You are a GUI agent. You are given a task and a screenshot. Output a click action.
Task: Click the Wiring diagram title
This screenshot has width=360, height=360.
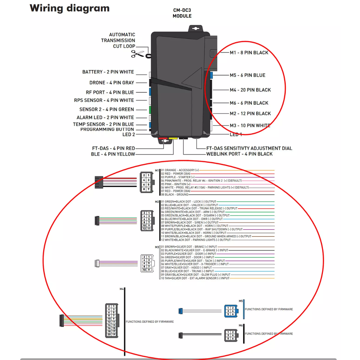tap(69, 8)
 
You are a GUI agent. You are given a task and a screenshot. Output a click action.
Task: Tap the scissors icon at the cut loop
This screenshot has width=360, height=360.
tap(137, 54)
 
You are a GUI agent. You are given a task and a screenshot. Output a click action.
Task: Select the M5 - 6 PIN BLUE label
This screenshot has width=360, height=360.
tap(247, 75)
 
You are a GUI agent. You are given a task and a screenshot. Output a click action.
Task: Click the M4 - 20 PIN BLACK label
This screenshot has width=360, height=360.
tap(250, 90)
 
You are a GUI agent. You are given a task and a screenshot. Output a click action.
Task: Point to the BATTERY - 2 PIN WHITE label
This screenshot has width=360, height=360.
tap(108, 72)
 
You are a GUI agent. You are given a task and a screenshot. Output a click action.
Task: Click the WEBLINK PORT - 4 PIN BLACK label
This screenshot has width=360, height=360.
tap(239, 154)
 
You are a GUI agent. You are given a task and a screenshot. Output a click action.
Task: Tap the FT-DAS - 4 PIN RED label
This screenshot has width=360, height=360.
tap(113, 148)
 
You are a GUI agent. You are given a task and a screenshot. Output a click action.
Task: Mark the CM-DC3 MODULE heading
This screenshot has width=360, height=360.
tap(182, 13)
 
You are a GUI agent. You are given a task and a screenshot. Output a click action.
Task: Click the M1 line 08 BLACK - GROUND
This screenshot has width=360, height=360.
tap(175, 195)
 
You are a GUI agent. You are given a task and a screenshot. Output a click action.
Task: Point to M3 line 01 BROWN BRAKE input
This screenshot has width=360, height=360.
tap(189, 247)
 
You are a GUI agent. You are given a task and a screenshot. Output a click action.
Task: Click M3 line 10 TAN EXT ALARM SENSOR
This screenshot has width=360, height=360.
tap(195, 278)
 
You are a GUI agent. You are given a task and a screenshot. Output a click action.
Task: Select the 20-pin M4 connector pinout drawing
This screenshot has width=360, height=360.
tap(112, 320)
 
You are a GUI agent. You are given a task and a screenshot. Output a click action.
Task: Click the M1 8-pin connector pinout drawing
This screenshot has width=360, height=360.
tap(146, 182)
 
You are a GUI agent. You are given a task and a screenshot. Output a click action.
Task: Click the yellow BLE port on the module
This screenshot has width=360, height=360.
tap(173, 139)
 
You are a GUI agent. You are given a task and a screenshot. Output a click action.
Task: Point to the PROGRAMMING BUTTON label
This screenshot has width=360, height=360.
tap(107, 130)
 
